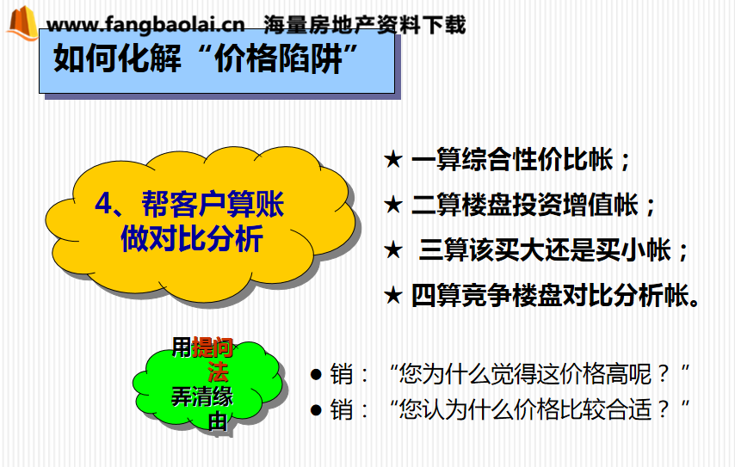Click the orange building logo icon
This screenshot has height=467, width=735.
click(x=22, y=23)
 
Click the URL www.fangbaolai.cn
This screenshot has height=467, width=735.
click(x=145, y=24)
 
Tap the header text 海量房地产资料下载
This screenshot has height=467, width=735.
click(x=364, y=24)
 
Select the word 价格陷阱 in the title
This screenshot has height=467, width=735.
click(x=278, y=59)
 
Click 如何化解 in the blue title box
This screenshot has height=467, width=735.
click(x=117, y=58)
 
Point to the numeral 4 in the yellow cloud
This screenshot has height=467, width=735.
click(x=103, y=203)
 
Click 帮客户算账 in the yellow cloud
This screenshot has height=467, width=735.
click(x=213, y=204)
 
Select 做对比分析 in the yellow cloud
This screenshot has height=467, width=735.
click(x=192, y=238)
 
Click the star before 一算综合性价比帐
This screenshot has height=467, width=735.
click(x=392, y=159)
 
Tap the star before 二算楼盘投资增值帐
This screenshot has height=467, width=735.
click(x=392, y=205)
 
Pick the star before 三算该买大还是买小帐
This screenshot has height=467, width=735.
click(x=392, y=249)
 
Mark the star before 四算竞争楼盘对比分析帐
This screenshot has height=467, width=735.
click(x=392, y=296)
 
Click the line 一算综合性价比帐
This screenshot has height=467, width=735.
click(x=512, y=159)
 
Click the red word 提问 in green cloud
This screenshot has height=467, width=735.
click(x=213, y=347)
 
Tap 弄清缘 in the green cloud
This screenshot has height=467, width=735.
click(x=202, y=396)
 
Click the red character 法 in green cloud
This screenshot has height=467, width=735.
click(x=218, y=372)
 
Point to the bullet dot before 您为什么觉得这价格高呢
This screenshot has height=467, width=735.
click(x=317, y=374)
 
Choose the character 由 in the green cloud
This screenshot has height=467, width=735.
click(x=218, y=421)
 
